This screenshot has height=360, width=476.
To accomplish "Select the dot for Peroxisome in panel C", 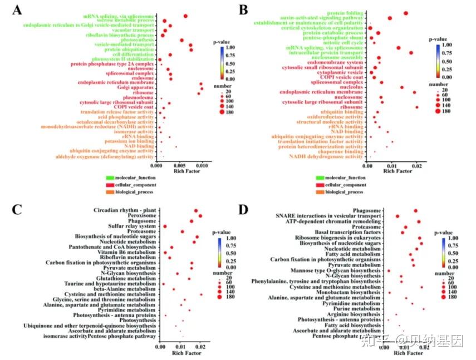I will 200,216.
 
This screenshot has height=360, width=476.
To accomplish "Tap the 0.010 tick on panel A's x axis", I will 202,165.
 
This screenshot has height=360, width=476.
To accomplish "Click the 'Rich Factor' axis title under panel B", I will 396,171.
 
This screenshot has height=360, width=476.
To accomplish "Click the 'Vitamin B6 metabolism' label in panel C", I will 127,252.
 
